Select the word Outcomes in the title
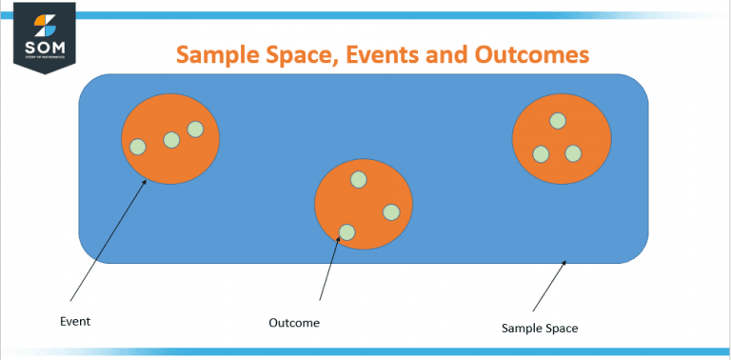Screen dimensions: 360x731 [x=527, y=54]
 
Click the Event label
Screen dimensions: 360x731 [x=75, y=322]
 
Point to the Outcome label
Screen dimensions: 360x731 [x=294, y=323]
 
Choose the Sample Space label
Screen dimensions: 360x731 [x=540, y=329]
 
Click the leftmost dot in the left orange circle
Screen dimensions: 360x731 [x=138, y=147]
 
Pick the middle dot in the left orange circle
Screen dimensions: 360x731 [x=171, y=140]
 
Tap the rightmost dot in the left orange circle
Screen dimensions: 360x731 [x=195, y=129]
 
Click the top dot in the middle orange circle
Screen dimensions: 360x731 [x=359, y=179]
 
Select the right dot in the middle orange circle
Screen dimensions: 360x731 [x=391, y=211]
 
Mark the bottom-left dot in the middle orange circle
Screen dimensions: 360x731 [x=347, y=231]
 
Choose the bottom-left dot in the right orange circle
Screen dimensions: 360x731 [x=541, y=153]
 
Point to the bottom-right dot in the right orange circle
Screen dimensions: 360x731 [x=573, y=153]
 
